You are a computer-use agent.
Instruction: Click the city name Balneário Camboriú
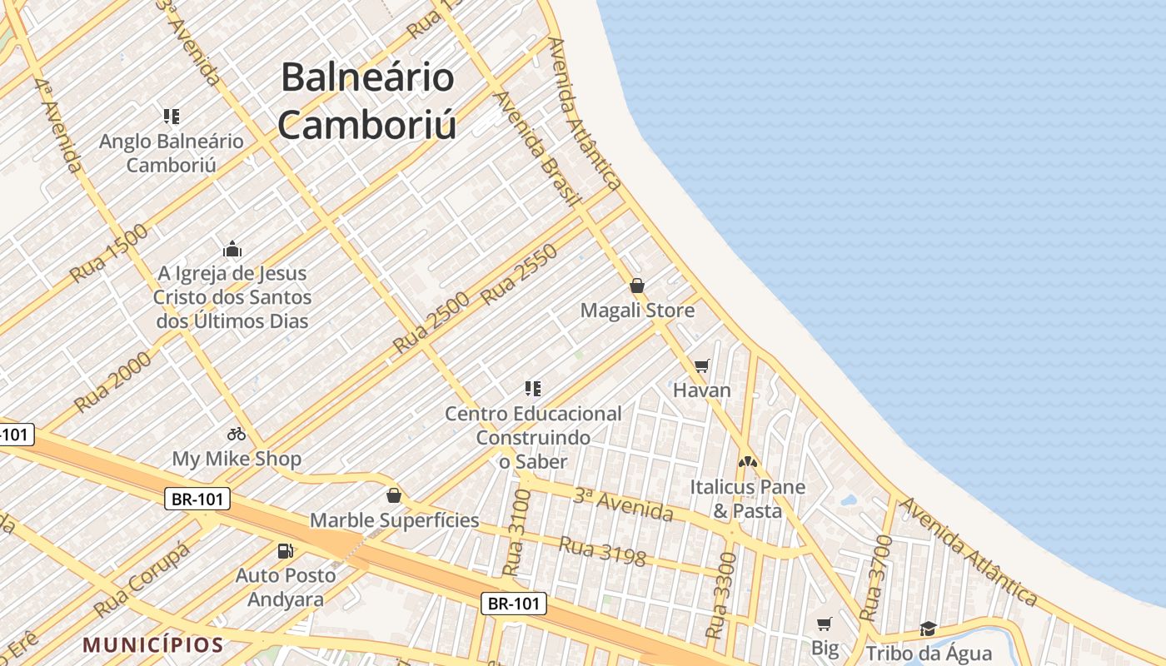coord(367,101)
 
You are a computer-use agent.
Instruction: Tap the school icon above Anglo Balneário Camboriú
coord(172,117)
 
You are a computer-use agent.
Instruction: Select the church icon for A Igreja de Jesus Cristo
coord(232,248)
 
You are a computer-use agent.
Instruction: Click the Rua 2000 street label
coord(113,381)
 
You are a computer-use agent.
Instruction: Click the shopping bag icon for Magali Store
coord(637,286)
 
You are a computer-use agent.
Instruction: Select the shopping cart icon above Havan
coord(702,365)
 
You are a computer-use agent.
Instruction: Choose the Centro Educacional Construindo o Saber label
coord(533,437)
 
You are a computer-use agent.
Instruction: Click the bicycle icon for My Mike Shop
coord(237,434)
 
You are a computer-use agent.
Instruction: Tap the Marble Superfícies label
coord(394,520)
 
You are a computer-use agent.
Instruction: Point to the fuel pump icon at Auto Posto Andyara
coord(286,550)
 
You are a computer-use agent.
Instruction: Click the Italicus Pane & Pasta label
coord(747,498)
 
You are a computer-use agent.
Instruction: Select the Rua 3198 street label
coord(601,551)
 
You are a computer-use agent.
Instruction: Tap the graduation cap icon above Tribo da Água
coord(928,629)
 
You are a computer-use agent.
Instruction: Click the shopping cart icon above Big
coord(825,624)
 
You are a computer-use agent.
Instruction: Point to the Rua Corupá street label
coord(142,579)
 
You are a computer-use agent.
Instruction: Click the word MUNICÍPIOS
coord(153,644)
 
